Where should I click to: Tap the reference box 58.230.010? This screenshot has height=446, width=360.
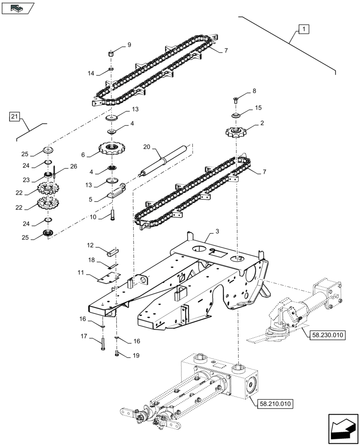[x=325, y=334]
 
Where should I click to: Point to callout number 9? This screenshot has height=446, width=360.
[x=129, y=45]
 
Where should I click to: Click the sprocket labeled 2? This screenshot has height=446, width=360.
[x=236, y=132]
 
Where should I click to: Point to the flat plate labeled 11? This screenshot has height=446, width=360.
[x=107, y=277]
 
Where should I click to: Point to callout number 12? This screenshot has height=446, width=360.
[x=90, y=245]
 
